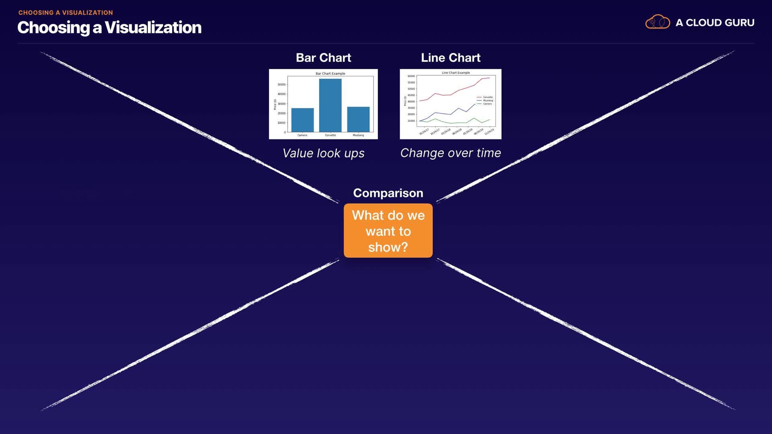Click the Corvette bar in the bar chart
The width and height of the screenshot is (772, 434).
(330, 105)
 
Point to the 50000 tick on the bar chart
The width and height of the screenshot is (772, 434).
(281, 84)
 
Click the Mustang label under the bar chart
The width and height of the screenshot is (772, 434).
(358, 135)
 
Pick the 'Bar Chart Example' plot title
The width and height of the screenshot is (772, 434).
(330, 74)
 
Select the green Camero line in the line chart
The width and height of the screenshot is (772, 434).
(450, 123)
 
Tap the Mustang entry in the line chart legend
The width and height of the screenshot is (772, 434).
(488, 100)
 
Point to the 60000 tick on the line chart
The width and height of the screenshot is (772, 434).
(411, 76)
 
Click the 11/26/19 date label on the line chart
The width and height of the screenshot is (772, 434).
(489, 132)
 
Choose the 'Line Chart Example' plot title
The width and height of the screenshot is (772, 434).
(456, 73)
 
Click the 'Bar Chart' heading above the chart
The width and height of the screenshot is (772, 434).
(323, 57)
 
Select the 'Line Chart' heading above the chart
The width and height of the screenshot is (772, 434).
(450, 57)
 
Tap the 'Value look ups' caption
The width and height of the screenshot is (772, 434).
(323, 153)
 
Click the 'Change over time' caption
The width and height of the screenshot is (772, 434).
(450, 153)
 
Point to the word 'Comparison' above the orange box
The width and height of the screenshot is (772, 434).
(388, 193)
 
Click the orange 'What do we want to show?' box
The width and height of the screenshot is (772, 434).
(388, 231)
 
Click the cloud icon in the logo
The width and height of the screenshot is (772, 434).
(657, 22)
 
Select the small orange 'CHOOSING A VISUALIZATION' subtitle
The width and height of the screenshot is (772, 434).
(66, 12)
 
